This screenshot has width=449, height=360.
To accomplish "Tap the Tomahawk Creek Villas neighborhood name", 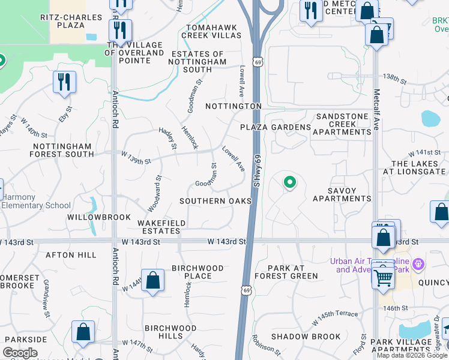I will coord(214,32).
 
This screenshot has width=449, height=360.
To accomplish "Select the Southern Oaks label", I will coord(215,201).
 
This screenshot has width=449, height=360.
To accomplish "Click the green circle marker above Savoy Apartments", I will coord(290,181).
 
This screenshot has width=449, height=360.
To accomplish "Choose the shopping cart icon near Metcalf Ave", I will coord(382,276).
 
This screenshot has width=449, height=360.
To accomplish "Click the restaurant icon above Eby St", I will coord(64,82).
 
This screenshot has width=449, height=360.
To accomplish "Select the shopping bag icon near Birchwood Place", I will coord(152,281).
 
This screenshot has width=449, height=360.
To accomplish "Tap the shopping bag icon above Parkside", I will coord(83,332).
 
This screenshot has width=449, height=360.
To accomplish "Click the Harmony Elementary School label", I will coord(36,202).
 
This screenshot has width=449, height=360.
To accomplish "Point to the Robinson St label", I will coord(267,347).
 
